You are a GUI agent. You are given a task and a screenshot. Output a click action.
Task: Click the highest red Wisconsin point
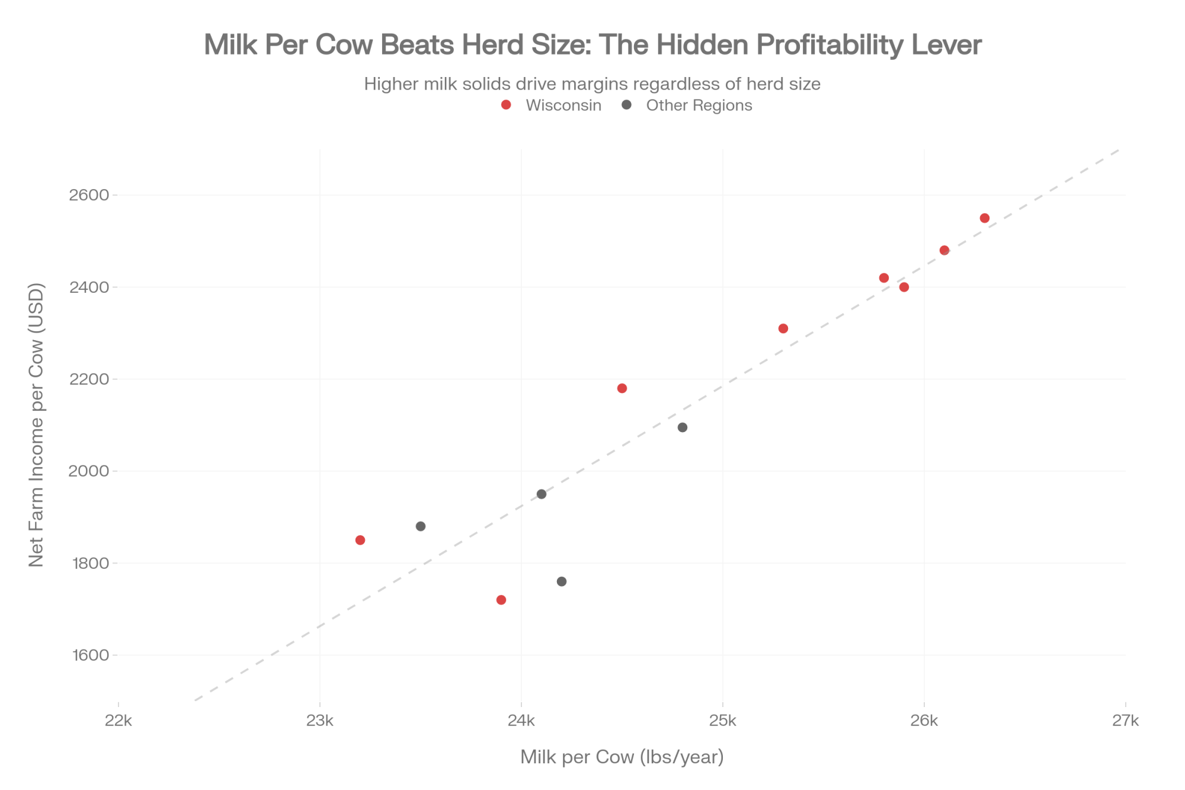[x=985, y=218]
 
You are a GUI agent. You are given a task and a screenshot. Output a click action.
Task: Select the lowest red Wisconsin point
[x=501, y=600]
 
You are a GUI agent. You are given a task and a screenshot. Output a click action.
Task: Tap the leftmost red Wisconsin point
[x=360, y=540]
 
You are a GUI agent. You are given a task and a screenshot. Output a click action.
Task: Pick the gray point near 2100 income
[x=683, y=427]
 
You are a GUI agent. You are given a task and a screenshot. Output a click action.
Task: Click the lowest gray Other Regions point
[x=562, y=581]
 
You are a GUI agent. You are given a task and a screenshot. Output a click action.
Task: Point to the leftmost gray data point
[x=421, y=526]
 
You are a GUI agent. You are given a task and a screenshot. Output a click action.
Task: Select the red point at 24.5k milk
[x=622, y=388]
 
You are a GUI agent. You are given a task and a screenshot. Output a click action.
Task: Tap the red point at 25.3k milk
[x=783, y=328]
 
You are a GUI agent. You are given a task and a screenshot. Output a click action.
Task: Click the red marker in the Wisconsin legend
[x=506, y=105]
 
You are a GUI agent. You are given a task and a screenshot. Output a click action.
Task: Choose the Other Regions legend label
[x=699, y=105]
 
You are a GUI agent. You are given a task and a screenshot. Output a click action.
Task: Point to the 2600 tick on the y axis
[x=89, y=195]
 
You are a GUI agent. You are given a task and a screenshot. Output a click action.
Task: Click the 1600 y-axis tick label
[x=89, y=655]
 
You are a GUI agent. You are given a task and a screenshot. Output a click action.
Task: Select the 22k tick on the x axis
[x=118, y=721]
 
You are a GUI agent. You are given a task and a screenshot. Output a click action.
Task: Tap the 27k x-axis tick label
[x=1126, y=721]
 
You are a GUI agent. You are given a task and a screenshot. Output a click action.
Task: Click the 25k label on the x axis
[x=723, y=721]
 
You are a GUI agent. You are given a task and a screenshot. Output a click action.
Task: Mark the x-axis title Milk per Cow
[x=622, y=757]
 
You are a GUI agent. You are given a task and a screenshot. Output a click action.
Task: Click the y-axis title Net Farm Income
[x=37, y=424]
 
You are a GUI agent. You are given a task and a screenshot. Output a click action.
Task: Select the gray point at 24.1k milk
[x=542, y=494]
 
